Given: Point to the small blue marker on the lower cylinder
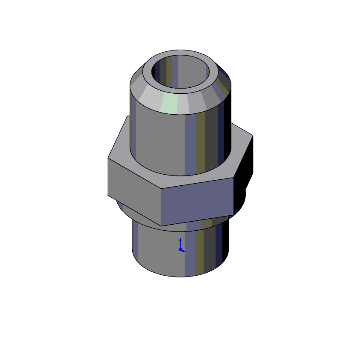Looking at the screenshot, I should point(180,243).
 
